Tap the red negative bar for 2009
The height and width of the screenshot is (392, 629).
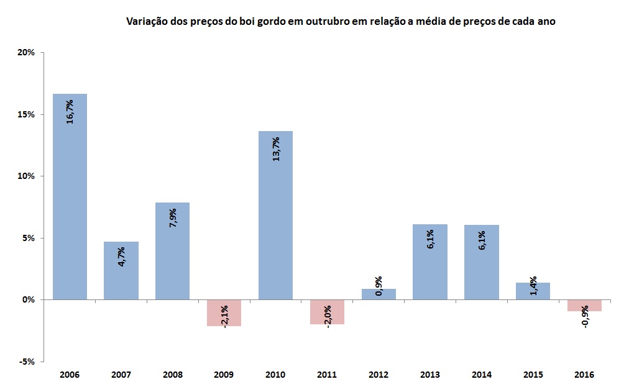pos(224,312)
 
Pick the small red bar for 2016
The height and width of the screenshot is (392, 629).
pos(584,305)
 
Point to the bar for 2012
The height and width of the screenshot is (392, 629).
pos(379,294)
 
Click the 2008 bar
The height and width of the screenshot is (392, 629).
pos(172,251)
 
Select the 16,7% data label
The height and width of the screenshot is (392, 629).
pos(70,111)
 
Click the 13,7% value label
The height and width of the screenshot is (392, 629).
pos(275,149)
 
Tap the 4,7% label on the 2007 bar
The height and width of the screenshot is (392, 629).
pos(121,257)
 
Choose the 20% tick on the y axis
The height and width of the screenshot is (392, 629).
pos(25,53)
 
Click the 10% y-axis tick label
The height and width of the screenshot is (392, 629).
pos(25,176)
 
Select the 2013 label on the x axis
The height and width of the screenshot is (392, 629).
pos(430,375)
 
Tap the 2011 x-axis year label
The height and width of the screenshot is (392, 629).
pos(327,375)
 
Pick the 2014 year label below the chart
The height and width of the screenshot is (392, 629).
pos(482,375)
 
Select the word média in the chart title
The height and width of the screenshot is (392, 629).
pos(415,22)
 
